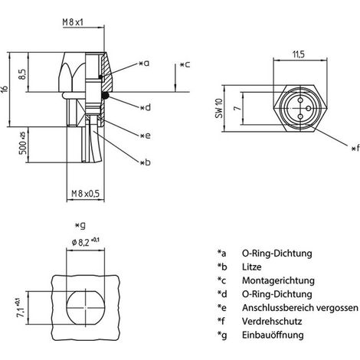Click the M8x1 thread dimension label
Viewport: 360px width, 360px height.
(x=73, y=22)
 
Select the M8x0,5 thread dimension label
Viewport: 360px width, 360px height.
(x=85, y=194)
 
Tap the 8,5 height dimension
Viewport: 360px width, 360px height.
(x=22, y=74)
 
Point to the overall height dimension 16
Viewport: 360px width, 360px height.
(x=5, y=90)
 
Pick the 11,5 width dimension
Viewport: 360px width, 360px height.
(x=299, y=54)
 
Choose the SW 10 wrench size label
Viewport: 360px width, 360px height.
(x=219, y=108)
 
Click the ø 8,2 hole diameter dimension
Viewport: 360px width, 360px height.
(x=86, y=241)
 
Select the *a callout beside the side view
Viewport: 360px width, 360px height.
(x=145, y=63)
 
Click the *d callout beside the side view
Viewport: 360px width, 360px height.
(x=146, y=107)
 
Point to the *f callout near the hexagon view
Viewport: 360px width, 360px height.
(x=355, y=148)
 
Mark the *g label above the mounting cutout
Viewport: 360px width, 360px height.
(x=80, y=226)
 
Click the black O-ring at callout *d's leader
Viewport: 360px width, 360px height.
(x=105, y=96)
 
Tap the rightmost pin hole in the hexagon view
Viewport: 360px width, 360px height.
(x=309, y=108)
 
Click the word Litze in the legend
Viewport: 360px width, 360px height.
(x=252, y=267)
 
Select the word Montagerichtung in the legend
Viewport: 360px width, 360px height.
(x=278, y=280)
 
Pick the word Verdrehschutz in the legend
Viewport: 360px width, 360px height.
(x=272, y=321)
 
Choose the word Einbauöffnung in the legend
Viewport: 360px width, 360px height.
(x=273, y=335)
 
